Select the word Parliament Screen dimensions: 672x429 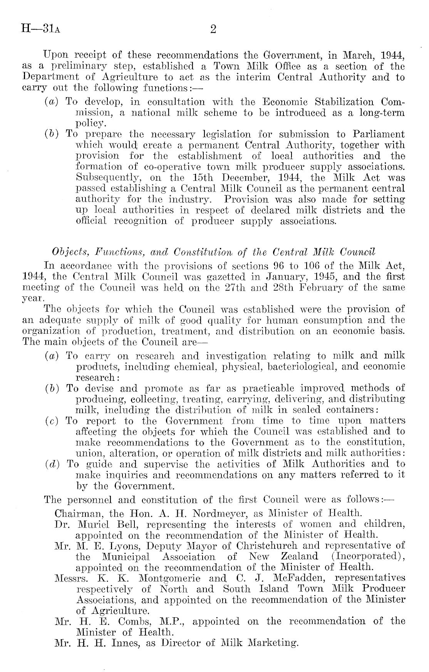pos(379,134)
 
